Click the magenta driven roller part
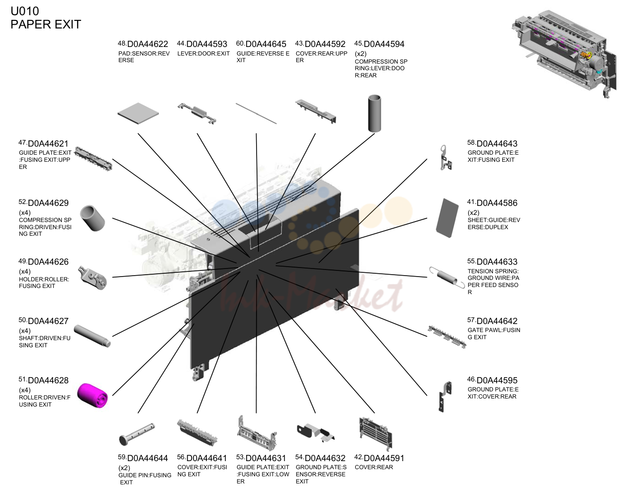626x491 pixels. (92, 395)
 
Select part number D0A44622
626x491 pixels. (147, 44)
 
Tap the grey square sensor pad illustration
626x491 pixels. (138, 113)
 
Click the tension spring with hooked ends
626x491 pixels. (447, 277)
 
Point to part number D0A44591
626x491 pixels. (384, 458)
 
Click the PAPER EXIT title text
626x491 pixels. (46, 24)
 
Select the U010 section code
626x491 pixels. (25, 11)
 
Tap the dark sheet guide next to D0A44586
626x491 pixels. (447, 218)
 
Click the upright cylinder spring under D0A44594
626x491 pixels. (375, 113)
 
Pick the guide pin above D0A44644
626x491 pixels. (137, 434)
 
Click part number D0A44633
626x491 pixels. (497, 262)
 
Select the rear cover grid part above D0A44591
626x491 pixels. (376, 434)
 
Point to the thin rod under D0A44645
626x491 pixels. (256, 113)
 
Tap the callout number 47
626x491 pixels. (22, 142)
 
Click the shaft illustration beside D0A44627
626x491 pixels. (92, 336)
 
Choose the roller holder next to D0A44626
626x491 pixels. (92, 278)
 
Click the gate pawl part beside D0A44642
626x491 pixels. (447, 336)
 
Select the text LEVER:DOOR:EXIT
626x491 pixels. (203, 54)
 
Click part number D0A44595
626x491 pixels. (497, 380)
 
